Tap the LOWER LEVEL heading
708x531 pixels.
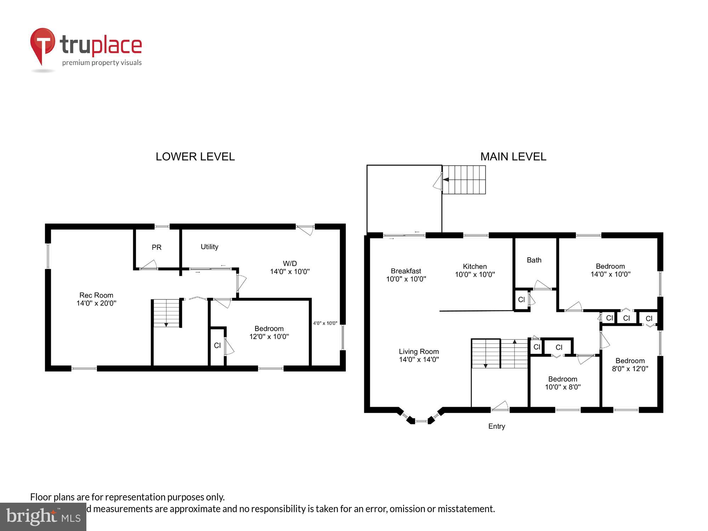[x=195, y=156]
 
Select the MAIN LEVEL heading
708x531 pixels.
[x=513, y=156]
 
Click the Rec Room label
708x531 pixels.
[x=96, y=299]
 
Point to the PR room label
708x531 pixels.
[x=156, y=247]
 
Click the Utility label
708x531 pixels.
[x=209, y=247]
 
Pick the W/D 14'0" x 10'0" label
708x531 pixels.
[x=290, y=268]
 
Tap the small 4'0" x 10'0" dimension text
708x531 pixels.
[x=325, y=323]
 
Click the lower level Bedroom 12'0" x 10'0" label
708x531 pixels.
[x=269, y=332]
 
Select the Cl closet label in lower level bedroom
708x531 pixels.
[x=217, y=346]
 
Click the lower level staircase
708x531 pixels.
[x=166, y=313]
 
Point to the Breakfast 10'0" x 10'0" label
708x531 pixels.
[x=406, y=275]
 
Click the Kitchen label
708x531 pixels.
[x=475, y=270]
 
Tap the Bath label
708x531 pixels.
[x=534, y=260]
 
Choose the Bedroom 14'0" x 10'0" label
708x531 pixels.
[x=610, y=270]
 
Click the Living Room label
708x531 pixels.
[x=419, y=355]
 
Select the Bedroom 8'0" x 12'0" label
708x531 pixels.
[x=630, y=365]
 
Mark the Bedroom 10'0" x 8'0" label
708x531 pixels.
[x=563, y=383]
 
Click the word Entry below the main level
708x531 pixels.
[x=496, y=426]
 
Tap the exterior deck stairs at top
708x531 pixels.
[x=464, y=180]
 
